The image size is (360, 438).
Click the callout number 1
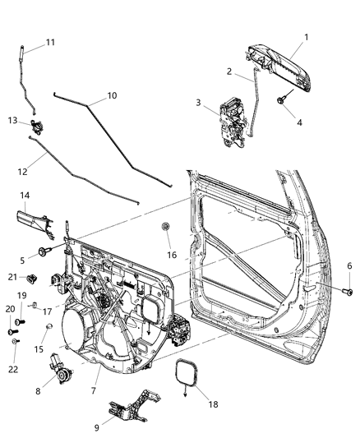pyautogui.click(x=307, y=37)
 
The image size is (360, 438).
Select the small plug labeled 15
pyautogui.click(x=48, y=328)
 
